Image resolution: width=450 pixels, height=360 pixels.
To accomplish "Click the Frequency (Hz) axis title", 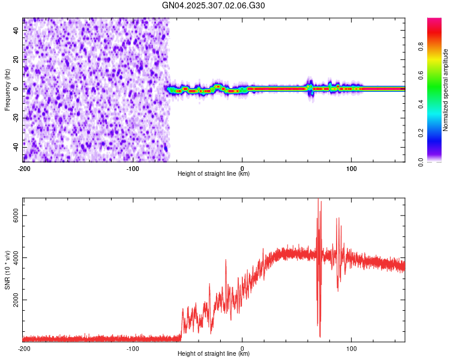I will [7, 90].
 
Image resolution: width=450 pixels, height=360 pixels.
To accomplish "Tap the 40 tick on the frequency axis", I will [17, 31].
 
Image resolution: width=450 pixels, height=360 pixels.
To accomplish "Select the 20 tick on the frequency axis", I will [17, 60].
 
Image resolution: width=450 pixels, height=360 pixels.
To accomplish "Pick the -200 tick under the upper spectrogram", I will [24, 169].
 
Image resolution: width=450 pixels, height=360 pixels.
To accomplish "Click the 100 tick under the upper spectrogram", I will [352, 169].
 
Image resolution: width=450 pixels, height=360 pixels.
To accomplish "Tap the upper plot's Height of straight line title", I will [214, 174].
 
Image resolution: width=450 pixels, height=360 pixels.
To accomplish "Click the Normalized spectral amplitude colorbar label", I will [446, 90].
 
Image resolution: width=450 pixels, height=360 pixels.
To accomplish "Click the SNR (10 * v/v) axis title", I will [7, 270].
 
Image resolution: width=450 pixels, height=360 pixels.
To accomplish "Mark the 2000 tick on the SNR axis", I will [17, 300].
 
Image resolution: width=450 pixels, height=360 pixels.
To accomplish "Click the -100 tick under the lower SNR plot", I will [133, 348].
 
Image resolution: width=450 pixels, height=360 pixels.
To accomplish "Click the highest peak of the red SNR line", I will [318, 199].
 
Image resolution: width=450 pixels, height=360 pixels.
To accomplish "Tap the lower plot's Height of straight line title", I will [214, 353].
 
